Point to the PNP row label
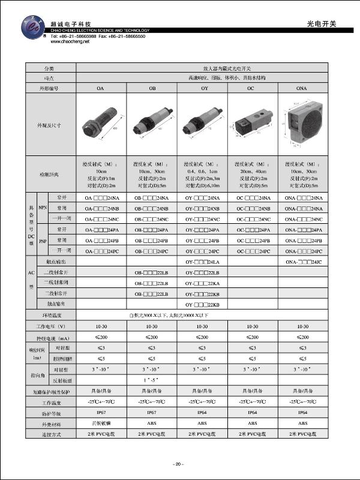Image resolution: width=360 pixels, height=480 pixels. tap(43, 240)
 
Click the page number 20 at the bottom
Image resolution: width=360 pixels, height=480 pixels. tap(179, 464)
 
